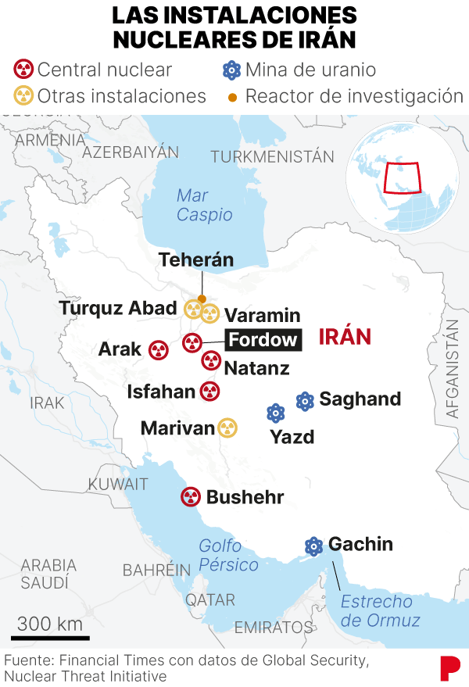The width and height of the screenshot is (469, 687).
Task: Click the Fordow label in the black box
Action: [x=263, y=339]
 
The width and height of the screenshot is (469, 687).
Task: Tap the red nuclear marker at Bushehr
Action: [x=191, y=496]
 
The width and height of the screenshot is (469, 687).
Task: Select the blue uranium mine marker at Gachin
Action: [x=314, y=546]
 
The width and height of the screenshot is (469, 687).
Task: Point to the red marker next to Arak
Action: [x=158, y=349]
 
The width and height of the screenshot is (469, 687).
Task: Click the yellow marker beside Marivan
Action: [x=227, y=428]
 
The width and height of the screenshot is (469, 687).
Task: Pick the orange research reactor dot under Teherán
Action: [x=202, y=299]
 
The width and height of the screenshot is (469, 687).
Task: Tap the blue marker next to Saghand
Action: [x=305, y=401]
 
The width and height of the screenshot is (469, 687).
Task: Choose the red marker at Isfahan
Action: [x=209, y=392]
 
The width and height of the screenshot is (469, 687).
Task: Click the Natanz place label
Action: [x=256, y=367]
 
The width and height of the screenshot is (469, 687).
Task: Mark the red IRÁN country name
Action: [x=345, y=337]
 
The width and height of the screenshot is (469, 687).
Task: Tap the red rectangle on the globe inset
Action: [x=401, y=178]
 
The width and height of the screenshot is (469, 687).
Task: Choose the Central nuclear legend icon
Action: [x=24, y=70]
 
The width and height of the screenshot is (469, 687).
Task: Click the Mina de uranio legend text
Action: [x=310, y=70]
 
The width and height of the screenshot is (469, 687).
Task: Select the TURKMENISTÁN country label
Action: [x=272, y=156]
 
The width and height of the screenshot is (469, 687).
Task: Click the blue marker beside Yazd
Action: [x=275, y=413]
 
